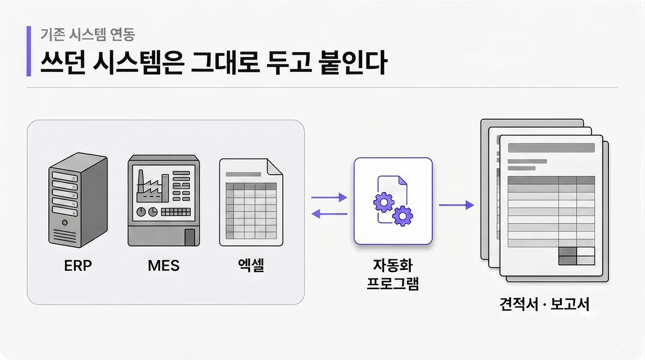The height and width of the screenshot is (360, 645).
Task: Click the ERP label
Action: (78, 265)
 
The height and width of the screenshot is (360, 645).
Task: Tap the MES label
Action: (163, 265)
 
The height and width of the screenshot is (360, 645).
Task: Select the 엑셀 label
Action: (251, 265)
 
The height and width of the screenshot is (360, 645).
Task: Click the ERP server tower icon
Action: (78, 200)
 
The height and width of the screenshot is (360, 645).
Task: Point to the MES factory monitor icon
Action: (164, 200)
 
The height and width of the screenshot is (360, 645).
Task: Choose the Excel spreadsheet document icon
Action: (251, 203)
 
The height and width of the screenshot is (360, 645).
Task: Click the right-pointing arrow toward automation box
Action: (329, 197)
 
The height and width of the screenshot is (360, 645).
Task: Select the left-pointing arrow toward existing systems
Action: (329, 214)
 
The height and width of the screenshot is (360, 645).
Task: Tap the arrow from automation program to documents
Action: (456, 205)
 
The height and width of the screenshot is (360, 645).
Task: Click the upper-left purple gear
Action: (384, 203)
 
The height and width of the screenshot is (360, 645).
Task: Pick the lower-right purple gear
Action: (403, 216)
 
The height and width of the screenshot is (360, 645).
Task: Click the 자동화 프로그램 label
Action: (393, 275)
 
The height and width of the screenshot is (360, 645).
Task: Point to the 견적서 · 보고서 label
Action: (544, 304)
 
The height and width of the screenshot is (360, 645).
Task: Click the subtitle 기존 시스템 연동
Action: (88, 34)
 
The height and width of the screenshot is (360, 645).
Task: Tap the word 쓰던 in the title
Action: (63, 63)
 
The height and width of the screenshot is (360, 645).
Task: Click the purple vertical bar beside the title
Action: (29, 51)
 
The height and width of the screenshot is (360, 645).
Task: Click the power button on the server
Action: (65, 222)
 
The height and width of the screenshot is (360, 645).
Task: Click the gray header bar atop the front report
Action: (551, 148)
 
